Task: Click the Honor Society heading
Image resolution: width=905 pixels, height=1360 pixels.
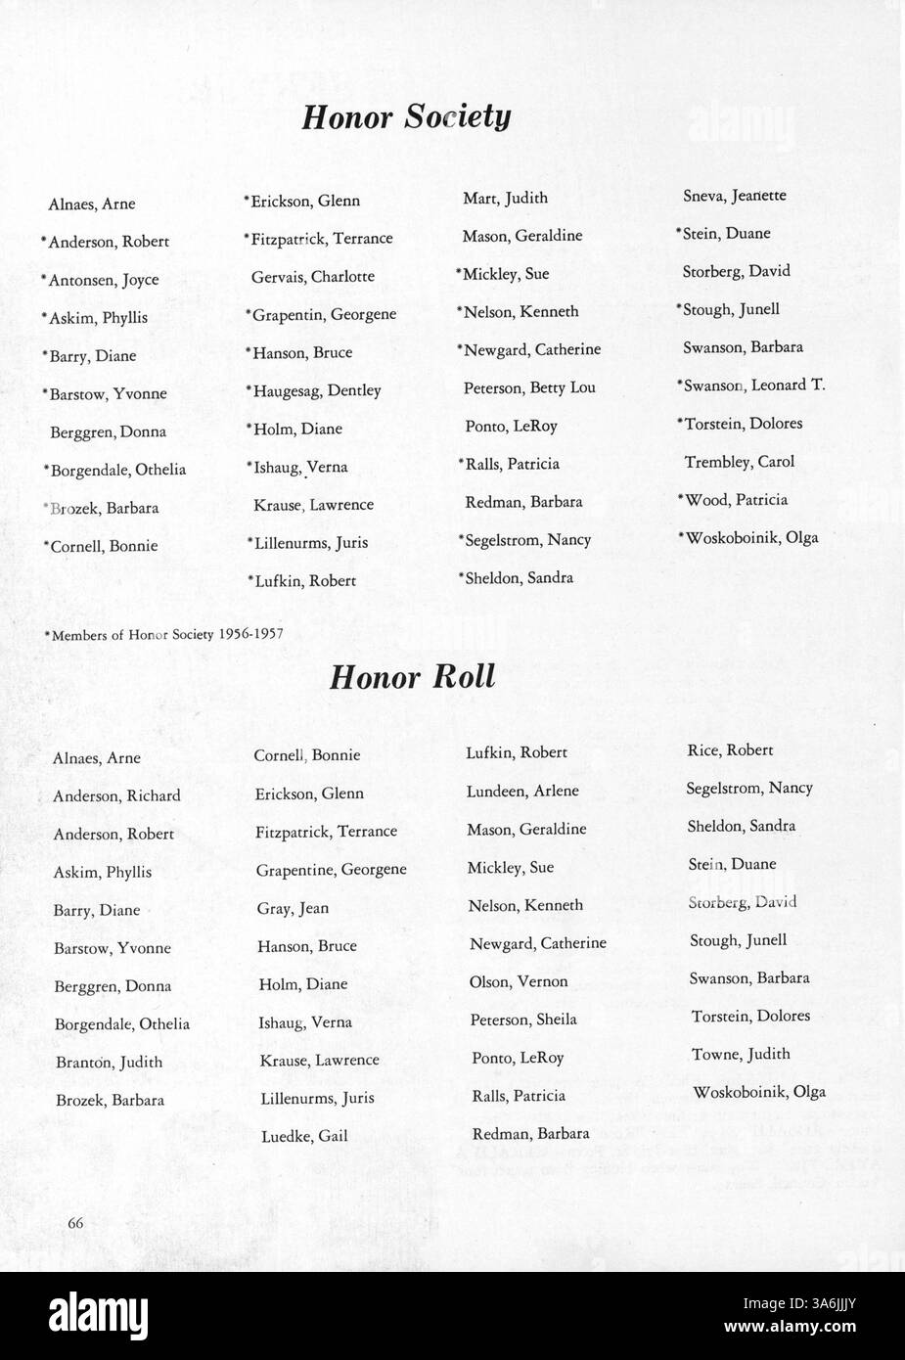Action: [406, 117]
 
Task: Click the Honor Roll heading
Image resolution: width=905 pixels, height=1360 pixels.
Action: [412, 677]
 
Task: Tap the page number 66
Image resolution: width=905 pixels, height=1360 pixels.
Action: [75, 1222]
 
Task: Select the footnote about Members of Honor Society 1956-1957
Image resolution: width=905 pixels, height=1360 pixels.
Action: [163, 634]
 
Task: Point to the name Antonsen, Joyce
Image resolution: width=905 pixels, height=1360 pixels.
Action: [100, 280]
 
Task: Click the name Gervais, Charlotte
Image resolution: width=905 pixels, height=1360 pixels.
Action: [312, 277]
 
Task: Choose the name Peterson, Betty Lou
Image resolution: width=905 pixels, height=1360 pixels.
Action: [529, 387]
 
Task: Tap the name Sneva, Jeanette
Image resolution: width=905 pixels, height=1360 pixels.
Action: [734, 196]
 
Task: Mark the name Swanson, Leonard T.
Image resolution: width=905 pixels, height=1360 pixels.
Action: [750, 385]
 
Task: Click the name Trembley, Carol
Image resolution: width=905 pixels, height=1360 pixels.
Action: [739, 462]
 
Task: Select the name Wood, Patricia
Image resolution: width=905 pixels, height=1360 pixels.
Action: [733, 500]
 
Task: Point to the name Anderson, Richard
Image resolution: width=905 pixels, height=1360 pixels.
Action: [116, 796]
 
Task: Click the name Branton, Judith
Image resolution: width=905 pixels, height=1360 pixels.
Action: [109, 1063]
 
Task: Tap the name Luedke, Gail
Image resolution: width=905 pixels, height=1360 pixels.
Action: [303, 1137]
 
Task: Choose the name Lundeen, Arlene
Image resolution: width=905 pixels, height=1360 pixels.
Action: [522, 792]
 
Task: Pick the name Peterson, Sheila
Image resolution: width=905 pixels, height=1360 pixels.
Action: [523, 1020]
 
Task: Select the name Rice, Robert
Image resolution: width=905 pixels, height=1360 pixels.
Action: [730, 750]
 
